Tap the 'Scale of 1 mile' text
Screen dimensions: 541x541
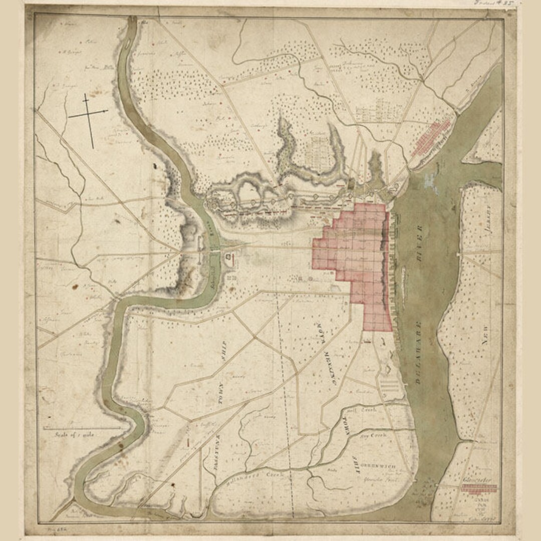75,435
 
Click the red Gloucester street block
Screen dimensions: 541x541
478,488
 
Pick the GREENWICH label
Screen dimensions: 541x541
380,466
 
